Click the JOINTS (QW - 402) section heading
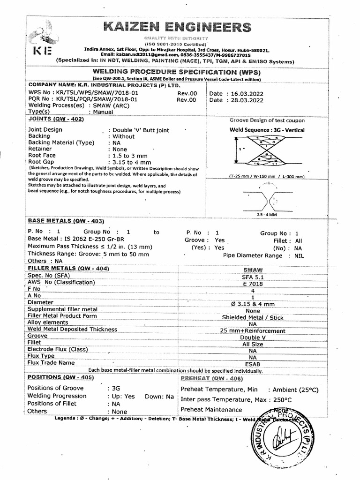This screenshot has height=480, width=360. point(56,120)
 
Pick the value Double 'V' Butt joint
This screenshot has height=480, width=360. point(138,130)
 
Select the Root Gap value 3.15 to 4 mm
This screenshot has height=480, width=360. point(130,162)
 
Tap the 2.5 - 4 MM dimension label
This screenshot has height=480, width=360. point(267,214)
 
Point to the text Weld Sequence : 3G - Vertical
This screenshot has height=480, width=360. point(267,130)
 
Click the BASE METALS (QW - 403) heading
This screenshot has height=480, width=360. point(66,220)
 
